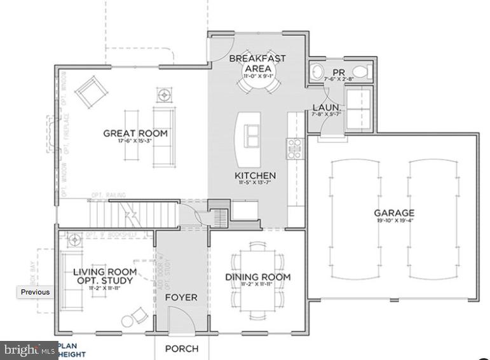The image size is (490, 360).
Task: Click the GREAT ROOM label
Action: [135, 133]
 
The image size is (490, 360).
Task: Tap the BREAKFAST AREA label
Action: [257, 63]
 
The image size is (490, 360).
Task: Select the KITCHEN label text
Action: [255, 176]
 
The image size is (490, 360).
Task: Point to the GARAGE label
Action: [393, 213]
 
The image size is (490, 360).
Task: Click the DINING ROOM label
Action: [257, 277]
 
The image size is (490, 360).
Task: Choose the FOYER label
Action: [181, 297]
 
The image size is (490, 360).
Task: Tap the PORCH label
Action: [182, 349]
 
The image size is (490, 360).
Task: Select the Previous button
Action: [35, 292]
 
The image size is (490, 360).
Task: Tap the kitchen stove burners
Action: [294, 148]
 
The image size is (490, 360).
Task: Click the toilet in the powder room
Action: [360, 71]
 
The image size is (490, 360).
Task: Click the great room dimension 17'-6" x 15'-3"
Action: [135, 142]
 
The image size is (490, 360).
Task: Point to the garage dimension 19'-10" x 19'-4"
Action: [393, 221]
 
